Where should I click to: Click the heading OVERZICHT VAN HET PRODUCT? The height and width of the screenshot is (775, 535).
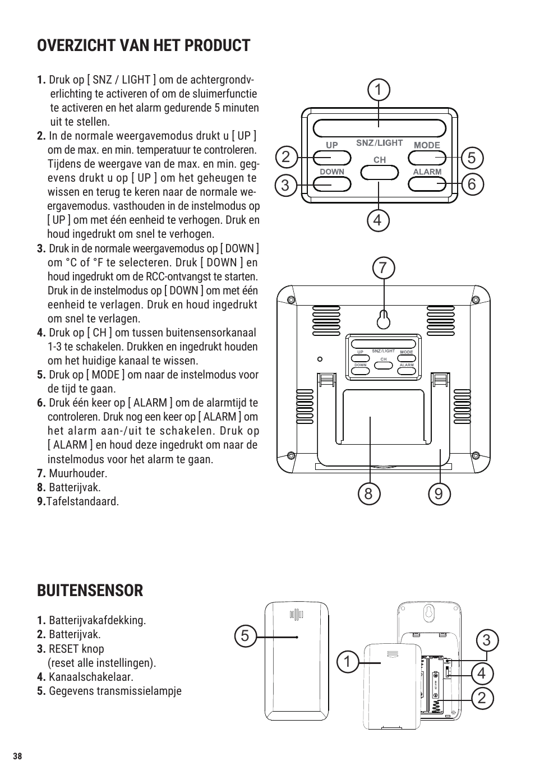pyautogui.click(x=144, y=45)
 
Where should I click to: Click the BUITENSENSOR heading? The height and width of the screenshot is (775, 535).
pyautogui.click(x=90, y=591)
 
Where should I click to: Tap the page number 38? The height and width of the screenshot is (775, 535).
pyautogui.click(x=17, y=756)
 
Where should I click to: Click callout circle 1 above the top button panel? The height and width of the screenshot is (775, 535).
pyautogui.click(x=379, y=90)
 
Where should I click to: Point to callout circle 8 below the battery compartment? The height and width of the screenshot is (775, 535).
pyautogui.click(x=368, y=493)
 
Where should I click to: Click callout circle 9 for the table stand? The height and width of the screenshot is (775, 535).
pyautogui.click(x=439, y=493)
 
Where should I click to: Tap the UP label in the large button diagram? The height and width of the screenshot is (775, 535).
pyautogui.click(x=332, y=145)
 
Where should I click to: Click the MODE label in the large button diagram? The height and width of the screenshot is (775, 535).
pyautogui.click(x=427, y=145)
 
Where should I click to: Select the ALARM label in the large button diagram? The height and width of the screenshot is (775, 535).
pyautogui.click(x=427, y=172)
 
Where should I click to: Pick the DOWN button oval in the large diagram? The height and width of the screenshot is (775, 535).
pyautogui.click(x=332, y=184)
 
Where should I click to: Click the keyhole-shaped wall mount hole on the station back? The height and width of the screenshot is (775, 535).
pyautogui.click(x=384, y=319)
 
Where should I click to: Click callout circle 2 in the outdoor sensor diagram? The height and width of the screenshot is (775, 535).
pyautogui.click(x=482, y=699)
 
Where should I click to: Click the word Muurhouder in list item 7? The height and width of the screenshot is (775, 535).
pyautogui.click(x=77, y=473)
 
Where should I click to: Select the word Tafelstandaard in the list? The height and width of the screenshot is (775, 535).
pyautogui.click(x=82, y=501)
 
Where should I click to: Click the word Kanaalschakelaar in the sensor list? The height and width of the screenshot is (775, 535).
pyautogui.click(x=91, y=677)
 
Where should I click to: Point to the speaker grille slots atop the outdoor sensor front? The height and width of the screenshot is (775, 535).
pyautogui.click(x=296, y=615)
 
